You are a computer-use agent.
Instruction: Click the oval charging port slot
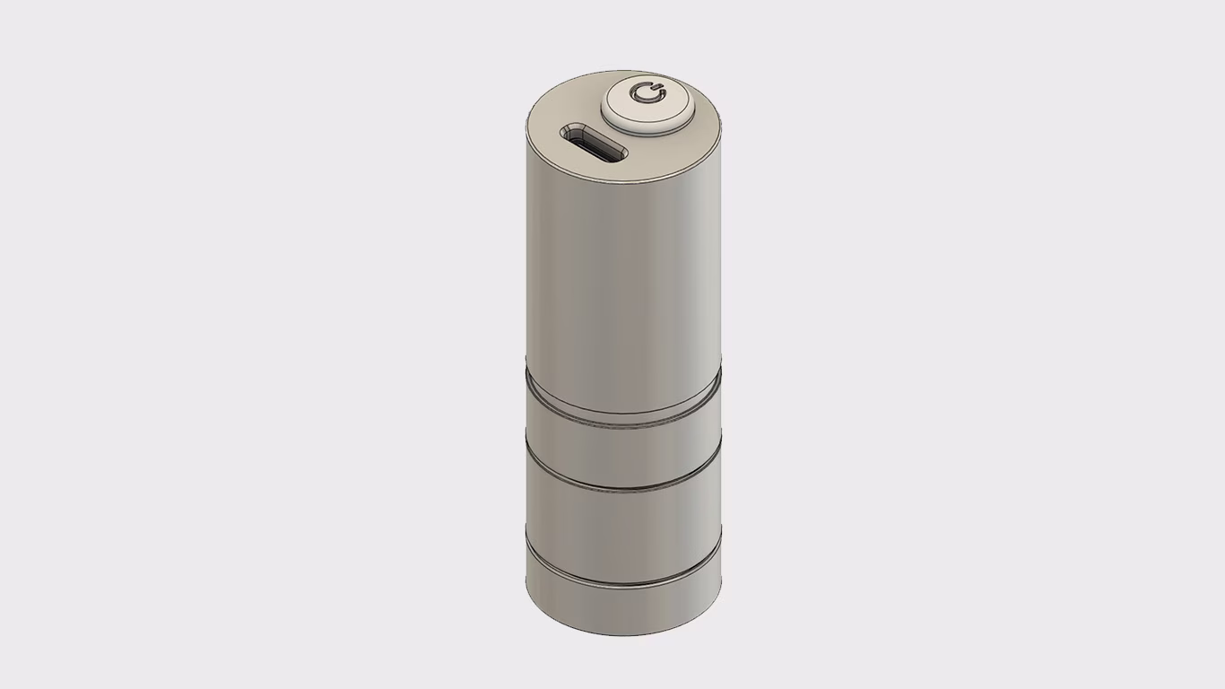[593, 144]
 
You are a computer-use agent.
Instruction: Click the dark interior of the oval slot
[594, 144]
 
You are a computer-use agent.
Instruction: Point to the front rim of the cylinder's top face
[628, 184]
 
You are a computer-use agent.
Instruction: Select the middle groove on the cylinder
[623, 490]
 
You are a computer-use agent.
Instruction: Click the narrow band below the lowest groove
[623, 610]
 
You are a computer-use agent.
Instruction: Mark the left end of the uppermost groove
[529, 382]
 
